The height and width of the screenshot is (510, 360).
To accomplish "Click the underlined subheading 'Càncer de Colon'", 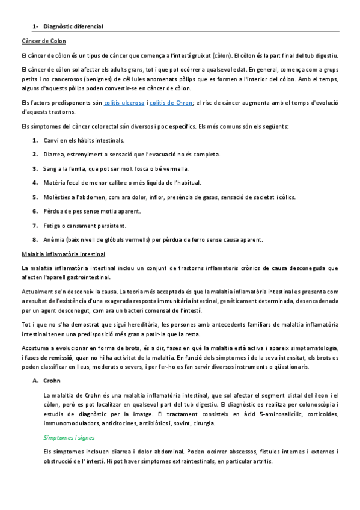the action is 43,41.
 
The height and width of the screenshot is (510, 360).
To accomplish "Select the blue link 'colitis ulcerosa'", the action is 124,103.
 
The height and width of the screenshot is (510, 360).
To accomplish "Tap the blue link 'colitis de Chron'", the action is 171,103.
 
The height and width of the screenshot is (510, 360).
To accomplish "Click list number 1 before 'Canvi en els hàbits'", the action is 35,140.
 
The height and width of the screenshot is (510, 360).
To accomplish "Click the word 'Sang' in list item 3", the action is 50,168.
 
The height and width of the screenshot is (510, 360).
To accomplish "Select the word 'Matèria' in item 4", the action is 55,183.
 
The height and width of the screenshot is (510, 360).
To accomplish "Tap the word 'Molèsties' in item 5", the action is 57,197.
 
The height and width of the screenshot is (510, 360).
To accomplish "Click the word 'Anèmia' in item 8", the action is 54,239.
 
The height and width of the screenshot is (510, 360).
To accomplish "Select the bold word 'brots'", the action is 132,348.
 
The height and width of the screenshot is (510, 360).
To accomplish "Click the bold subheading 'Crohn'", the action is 52,381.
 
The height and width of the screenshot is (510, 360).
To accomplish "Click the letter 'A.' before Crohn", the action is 35,381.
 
